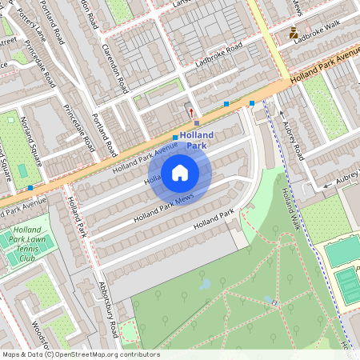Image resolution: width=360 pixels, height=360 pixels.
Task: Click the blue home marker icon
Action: coord(180,172)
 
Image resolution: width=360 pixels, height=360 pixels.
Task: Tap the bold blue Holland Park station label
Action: coord(196,140)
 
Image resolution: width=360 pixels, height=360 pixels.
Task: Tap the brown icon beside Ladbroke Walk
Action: coord(294,33)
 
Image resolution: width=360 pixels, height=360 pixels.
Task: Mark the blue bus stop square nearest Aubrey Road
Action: coord(252,103)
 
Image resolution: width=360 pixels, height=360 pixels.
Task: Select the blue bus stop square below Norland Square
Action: coord(30,187)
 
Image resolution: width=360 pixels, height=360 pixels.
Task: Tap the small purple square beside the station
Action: coord(197,123)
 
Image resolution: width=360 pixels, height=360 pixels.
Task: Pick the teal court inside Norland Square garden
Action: coord(23,170)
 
